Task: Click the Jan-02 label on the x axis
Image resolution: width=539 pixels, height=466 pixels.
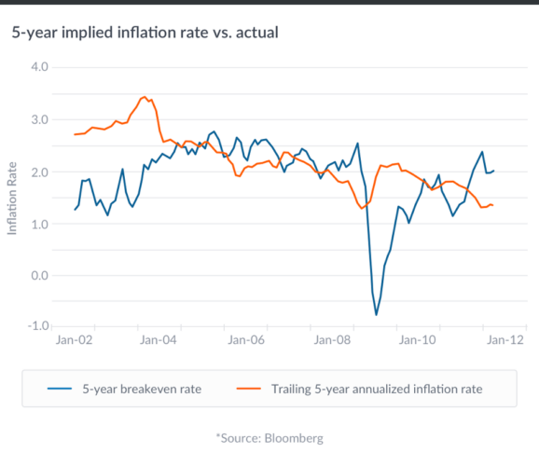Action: (75, 340)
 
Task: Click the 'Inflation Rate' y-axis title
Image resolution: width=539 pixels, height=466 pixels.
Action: (12, 198)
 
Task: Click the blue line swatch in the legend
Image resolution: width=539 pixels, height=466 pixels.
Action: (59, 388)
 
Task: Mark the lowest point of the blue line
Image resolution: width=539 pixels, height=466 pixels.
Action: (377, 315)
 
